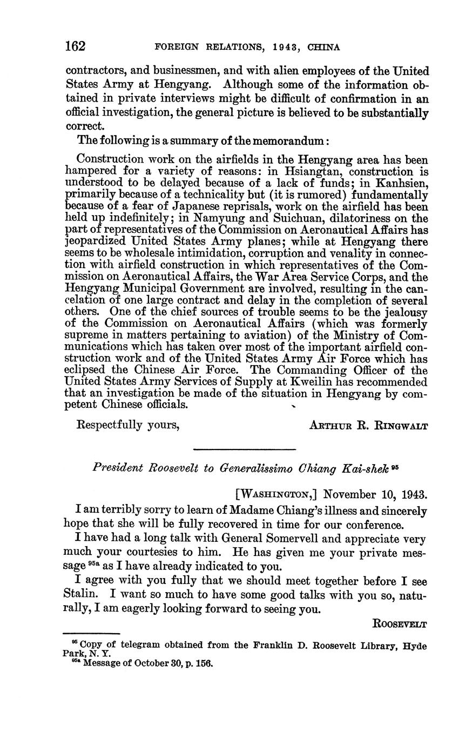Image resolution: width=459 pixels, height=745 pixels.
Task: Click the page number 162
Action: [x=75, y=46]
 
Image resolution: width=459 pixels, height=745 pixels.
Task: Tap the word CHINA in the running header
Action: [x=323, y=48]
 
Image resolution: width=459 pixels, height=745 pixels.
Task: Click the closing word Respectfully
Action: [x=112, y=425]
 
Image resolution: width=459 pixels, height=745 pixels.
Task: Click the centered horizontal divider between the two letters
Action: [x=245, y=449]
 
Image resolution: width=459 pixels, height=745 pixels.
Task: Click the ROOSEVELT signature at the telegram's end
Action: [x=400, y=625]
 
